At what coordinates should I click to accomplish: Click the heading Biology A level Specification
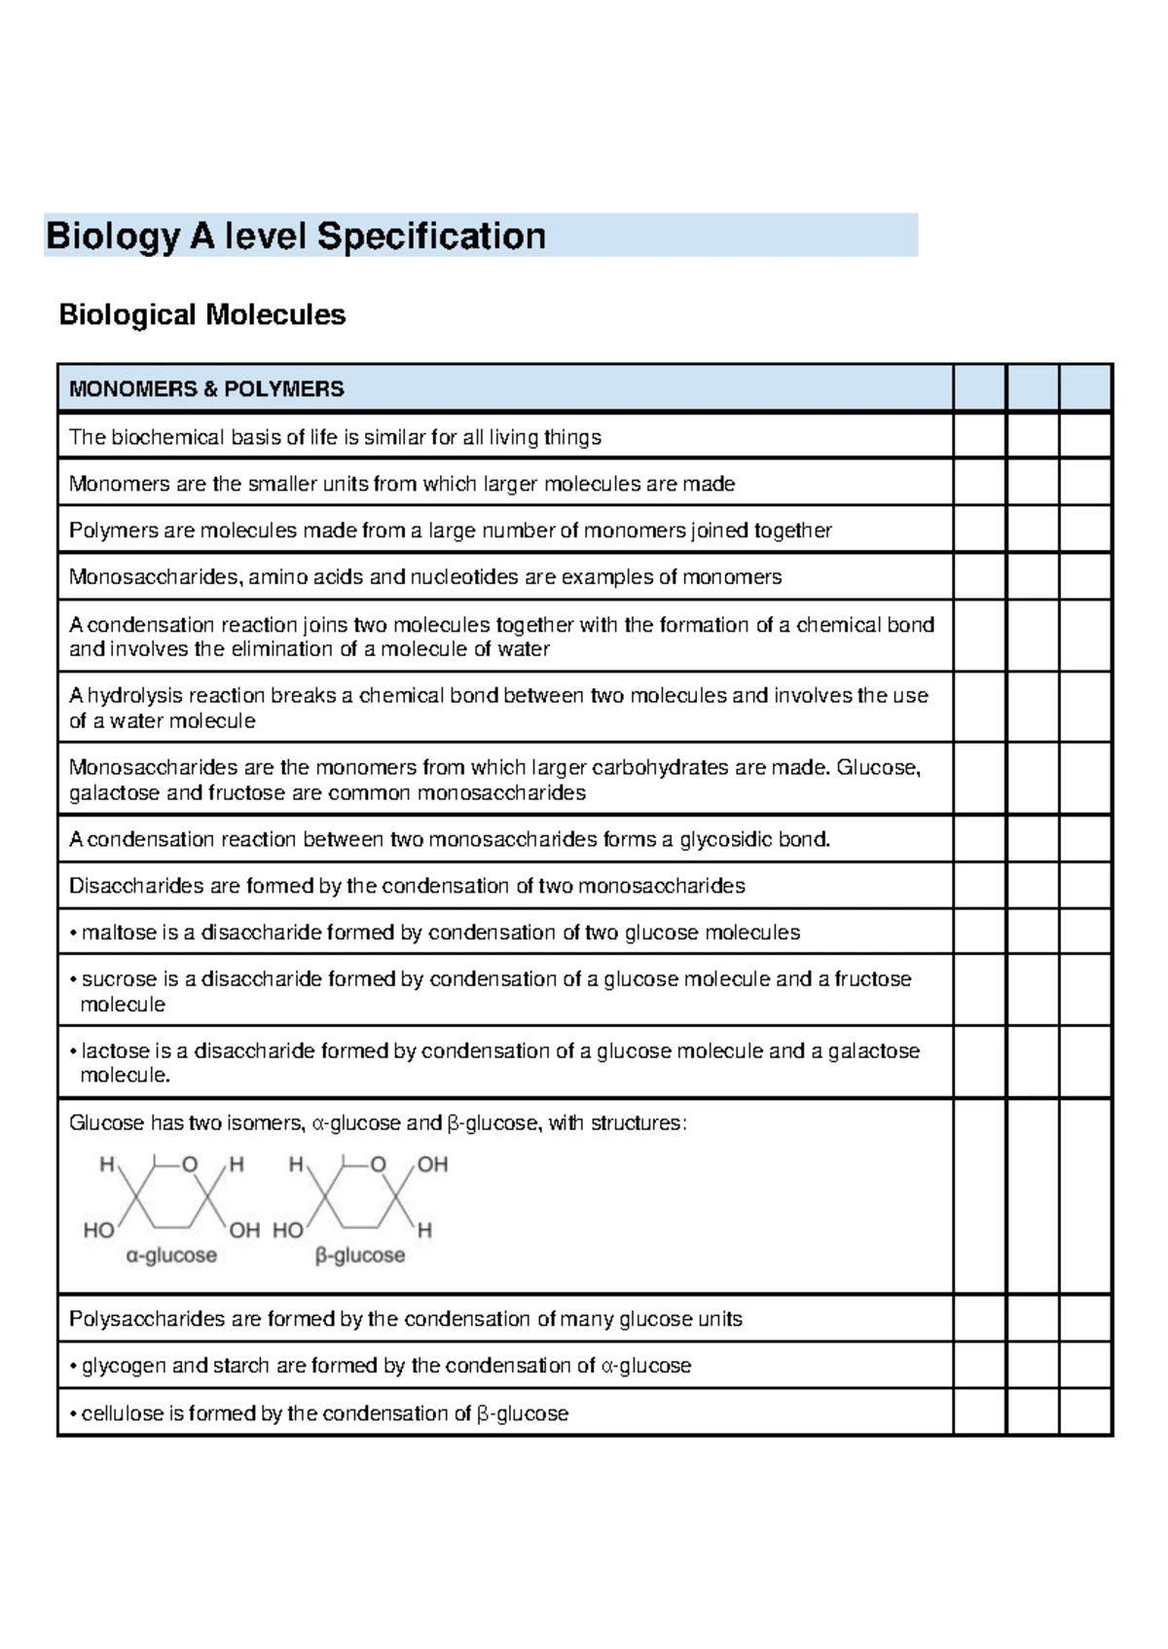[x=296, y=237]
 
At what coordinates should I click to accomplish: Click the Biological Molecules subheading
[x=202, y=315]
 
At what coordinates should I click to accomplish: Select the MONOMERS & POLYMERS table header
[x=206, y=389]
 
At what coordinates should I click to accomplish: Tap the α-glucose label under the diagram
[x=171, y=1257]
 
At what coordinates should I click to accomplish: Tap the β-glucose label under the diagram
[x=360, y=1257]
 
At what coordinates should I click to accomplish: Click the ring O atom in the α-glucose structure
[x=190, y=1165]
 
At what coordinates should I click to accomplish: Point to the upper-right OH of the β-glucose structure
[x=432, y=1165]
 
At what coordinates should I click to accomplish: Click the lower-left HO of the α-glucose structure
[x=98, y=1230]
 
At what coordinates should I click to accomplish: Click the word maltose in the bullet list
[x=119, y=934]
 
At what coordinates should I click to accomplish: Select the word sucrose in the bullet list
[x=119, y=979]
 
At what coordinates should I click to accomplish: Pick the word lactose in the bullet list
[x=115, y=1051]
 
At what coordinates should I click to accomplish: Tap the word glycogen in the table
[x=124, y=1367]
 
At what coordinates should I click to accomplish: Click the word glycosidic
[x=726, y=840]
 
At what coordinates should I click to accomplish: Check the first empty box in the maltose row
[x=979, y=933]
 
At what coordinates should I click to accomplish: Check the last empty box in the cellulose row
[x=1085, y=1412]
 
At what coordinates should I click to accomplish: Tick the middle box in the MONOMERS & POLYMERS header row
[x=1032, y=388]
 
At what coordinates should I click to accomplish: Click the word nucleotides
[x=464, y=578]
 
